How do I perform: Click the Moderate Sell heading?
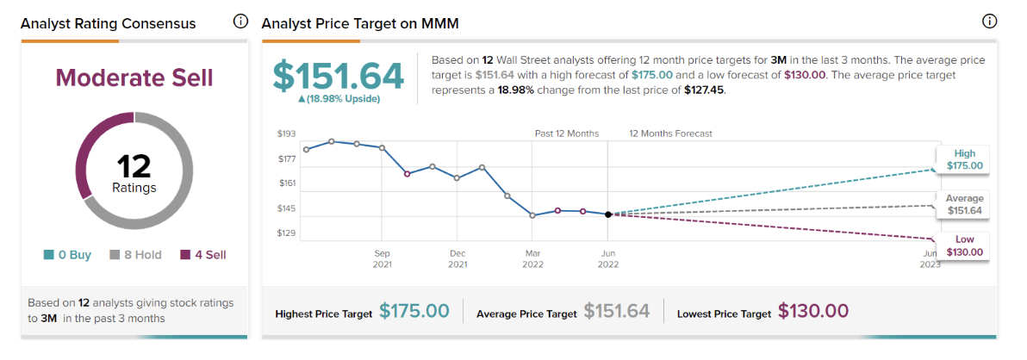click(134, 78)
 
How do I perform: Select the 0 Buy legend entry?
click(66, 255)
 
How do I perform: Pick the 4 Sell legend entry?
click(203, 255)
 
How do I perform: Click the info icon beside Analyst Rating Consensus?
click(240, 22)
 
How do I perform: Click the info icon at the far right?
click(989, 22)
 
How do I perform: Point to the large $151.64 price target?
click(339, 76)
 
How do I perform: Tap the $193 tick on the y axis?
click(286, 133)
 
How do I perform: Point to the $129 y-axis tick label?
click(286, 233)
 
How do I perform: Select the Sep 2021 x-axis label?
click(383, 258)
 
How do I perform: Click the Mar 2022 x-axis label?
click(532, 258)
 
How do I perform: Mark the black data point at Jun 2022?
click(608, 214)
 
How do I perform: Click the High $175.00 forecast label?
click(965, 159)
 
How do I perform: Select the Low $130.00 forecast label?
click(965, 245)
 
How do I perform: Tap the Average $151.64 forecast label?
click(965, 204)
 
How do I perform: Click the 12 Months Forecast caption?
click(670, 133)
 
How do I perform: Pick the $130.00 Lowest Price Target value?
click(813, 312)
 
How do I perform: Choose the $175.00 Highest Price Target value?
click(414, 312)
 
